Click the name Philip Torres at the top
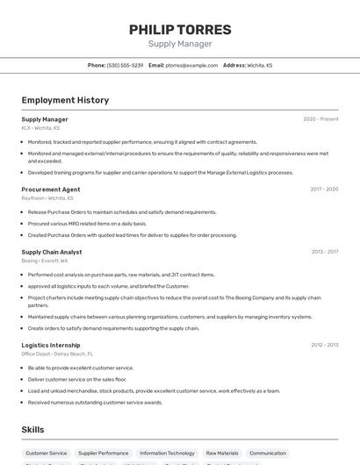[180, 29]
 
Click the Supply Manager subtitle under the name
[180, 44]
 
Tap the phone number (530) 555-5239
[125, 65]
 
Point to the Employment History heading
[65, 100]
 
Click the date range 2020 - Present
[320, 119]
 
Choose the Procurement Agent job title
[51, 190]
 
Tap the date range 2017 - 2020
[324, 190]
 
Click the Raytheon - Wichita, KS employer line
[47, 198]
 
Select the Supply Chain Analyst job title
[52, 252]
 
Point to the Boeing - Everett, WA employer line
[45, 261]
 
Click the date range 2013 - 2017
[325, 252]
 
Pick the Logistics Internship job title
[51, 345]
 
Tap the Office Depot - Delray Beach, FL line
[57, 354]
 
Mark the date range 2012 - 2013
[325, 345]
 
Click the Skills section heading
[33, 430]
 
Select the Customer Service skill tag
[46, 454]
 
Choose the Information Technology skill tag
[167, 454]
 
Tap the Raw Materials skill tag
[221, 454]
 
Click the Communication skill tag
[268, 454]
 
